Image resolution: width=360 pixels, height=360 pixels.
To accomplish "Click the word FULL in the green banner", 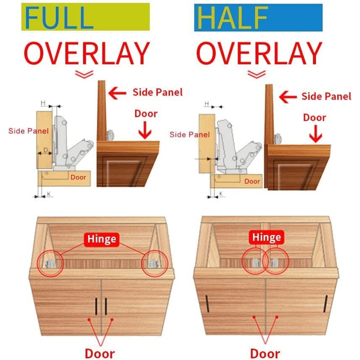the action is tap(59, 18).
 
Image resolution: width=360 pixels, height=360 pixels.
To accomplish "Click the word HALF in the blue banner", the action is tap(233, 18).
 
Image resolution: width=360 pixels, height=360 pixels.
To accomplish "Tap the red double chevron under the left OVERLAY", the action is tap(84, 74).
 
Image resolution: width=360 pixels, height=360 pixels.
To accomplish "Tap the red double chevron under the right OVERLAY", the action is tap(256, 74).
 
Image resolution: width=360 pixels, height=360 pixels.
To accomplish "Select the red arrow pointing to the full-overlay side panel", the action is tap(117, 93).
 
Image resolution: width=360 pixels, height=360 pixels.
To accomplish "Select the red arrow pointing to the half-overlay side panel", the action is tap(288, 97).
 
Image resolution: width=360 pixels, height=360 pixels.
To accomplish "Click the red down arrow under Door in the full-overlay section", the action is tap(145, 130).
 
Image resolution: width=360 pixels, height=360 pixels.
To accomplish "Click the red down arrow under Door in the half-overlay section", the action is tap(315, 134).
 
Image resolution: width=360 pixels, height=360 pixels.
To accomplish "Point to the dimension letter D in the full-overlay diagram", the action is tap(46, 150).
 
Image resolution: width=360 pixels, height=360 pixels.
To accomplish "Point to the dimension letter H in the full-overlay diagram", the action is tap(43, 103).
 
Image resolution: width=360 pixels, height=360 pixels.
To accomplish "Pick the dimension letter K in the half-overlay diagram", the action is tap(221, 193).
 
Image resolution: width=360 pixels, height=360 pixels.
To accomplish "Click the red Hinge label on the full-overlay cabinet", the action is tap(102, 239).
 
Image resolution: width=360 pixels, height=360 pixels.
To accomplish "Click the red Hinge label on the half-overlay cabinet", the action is tap(266, 238).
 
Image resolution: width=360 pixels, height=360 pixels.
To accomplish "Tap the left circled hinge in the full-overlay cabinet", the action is tap(50, 264).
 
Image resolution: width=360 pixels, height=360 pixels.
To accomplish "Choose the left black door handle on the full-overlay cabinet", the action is tap(96, 306).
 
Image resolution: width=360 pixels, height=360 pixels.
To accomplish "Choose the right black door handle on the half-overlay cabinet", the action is tap(325, 303).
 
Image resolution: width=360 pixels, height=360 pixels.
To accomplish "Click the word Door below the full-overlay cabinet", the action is tap(99, 353).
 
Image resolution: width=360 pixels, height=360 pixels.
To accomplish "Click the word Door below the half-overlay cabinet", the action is tap(265, 353).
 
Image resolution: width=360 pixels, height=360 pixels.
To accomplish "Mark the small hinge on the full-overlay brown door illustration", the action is tap(110, 135).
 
